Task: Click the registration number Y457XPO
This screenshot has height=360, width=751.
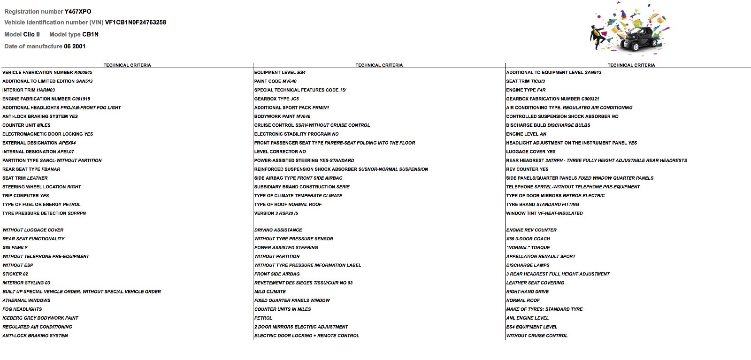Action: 78,11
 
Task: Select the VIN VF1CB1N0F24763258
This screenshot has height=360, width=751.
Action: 135,23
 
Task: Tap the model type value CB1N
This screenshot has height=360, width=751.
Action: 90,34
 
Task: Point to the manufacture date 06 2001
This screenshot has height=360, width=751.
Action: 75,46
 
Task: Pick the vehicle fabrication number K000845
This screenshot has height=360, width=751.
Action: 47,73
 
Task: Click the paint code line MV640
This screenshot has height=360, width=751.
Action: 275,81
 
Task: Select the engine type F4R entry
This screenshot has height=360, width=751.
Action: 526,90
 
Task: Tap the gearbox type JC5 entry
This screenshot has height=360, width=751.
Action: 276,99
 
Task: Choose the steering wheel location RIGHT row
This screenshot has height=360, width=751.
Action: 41,187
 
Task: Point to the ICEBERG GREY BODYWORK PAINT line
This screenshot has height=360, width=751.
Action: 40,318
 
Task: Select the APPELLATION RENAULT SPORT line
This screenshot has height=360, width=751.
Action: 541,257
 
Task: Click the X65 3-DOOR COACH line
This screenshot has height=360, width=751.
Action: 528,239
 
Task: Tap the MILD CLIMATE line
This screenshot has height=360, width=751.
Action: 270,292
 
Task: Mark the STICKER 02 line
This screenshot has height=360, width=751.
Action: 15,274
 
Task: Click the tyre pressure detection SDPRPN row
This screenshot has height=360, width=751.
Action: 44,214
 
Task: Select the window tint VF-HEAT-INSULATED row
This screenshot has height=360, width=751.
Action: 544,214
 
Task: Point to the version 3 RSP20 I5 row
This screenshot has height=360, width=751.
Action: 276,214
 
